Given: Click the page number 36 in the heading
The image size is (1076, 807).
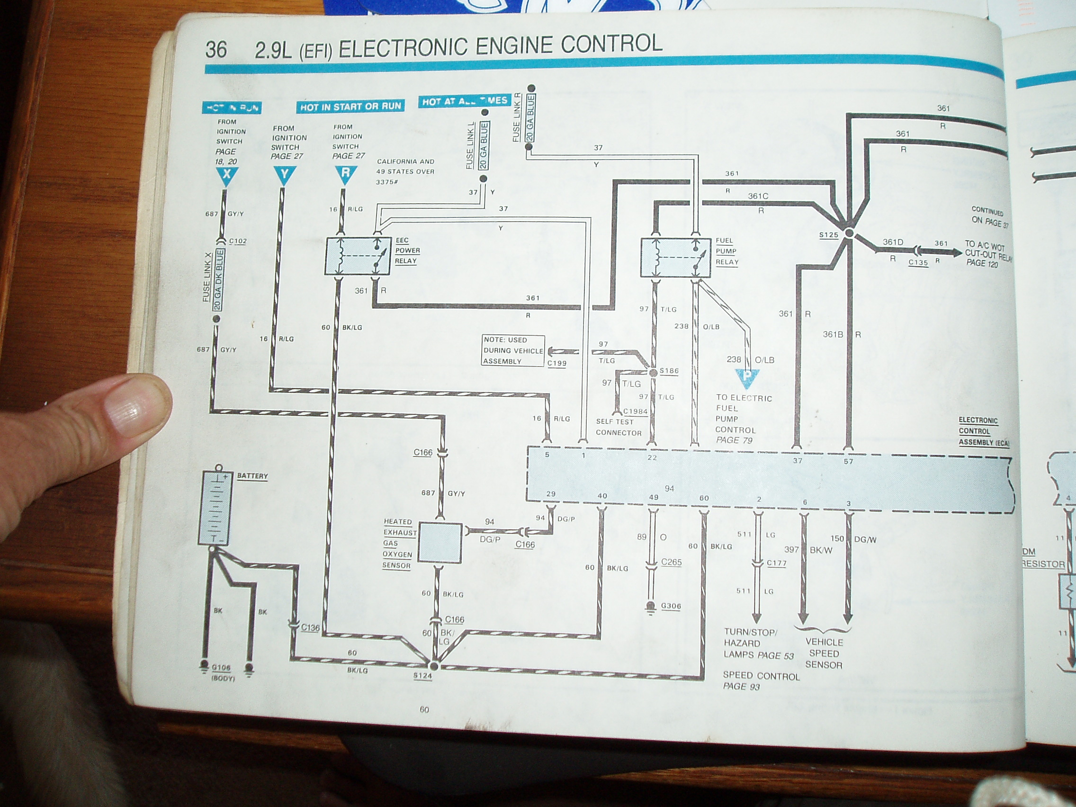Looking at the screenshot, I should [x=216, y=49].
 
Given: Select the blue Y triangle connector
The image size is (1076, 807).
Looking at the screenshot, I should [x=285, y=175].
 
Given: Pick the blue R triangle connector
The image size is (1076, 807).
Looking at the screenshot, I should [x=346, y=174].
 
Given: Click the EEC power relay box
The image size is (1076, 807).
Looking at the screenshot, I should [x=358, y=256].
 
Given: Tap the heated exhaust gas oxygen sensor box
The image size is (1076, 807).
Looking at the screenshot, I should [x=440, y=543].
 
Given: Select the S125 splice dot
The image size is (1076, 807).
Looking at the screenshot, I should [x=849, y=233].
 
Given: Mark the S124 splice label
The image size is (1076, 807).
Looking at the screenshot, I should [x=422, y=676].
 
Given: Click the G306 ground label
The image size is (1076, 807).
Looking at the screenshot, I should [x=671, y=606].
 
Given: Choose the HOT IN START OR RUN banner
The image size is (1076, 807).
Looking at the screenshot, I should [x=350, y=107].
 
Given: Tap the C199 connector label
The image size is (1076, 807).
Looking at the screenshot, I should [x=556, y=363].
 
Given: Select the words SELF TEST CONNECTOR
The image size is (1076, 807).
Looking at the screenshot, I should [x=618, y=427].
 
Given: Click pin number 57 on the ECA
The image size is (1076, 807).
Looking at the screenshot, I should [x=848, y=461].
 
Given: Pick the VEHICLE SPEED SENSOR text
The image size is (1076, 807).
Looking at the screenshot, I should [x=824, y=653].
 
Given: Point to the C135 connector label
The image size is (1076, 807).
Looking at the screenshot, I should [x=918, y=263].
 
